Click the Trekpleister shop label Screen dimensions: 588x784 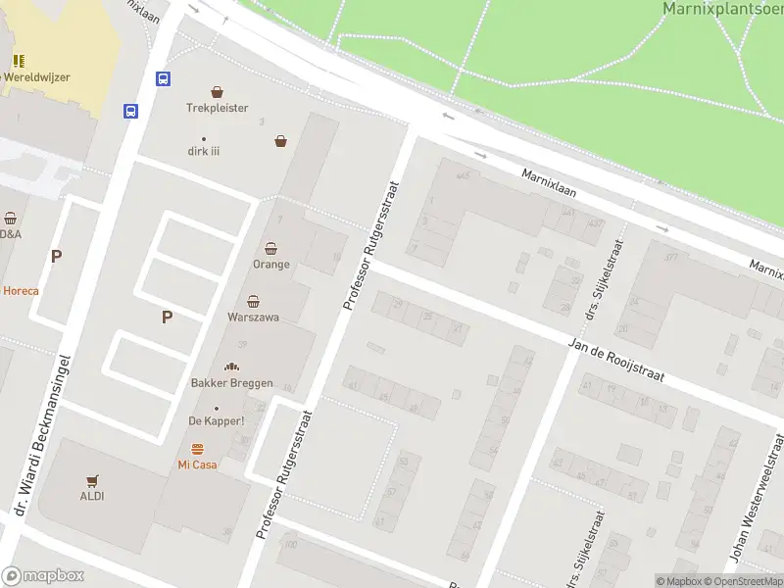pos(217,108)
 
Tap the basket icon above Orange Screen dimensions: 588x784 pos(271,249)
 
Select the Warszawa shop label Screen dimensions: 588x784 pos(253,318)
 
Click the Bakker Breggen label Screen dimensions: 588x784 pos(231,383)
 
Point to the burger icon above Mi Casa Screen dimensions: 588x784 pos(197,449)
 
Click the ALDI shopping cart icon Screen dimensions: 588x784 pos(93,480)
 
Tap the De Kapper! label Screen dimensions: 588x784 pos(216,421)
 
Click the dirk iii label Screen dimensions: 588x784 pos(204,152)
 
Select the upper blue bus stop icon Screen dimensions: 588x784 pos(163,78)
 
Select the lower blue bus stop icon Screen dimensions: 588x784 pos(130,111)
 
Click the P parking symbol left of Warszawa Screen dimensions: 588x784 pos(167,317)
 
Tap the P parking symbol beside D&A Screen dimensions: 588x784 pos(56,257)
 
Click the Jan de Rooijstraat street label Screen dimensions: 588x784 pos(617,360)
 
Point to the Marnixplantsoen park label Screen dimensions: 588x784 pos(722,9)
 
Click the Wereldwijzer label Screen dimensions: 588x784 pos(36,76)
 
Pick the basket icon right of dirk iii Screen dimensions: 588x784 pos(281,141)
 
